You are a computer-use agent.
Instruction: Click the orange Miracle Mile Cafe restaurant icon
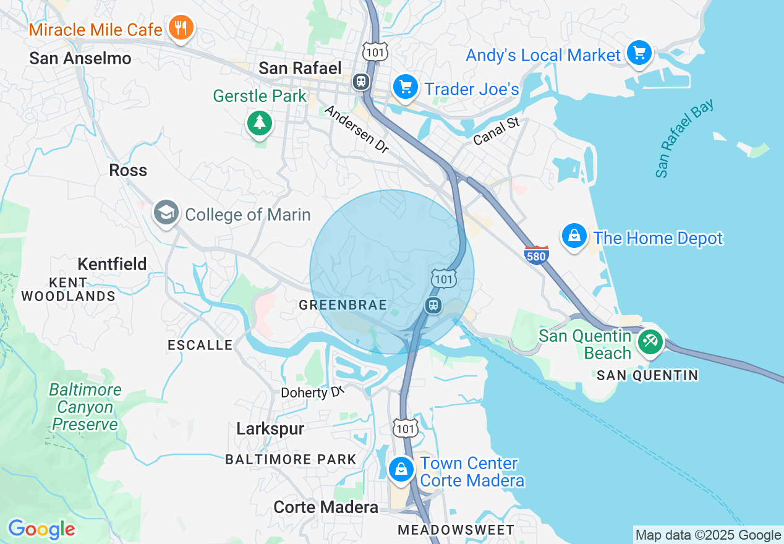point(181,28)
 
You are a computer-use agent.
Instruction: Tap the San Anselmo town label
point(80,59)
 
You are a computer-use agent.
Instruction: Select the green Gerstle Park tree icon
point(260,123)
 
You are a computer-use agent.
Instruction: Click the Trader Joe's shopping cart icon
point(406,87)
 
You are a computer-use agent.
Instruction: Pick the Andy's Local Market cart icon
point(639,53)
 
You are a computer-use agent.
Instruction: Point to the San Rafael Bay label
point(684,138)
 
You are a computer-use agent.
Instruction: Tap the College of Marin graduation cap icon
point(166,213)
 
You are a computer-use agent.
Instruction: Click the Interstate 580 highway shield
point(536,255)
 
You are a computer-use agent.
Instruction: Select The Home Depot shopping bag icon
point(574,237)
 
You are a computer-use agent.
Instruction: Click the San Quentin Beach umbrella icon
point(650,341)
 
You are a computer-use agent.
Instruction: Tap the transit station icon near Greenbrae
point(433,305)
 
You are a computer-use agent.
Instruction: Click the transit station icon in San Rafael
point(360,81)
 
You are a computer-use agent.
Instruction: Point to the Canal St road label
point(496,132)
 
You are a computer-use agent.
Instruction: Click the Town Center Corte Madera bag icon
point(401,469)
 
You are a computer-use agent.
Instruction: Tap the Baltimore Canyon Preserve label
point(85,407)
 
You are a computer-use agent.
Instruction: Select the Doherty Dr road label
point(311,393)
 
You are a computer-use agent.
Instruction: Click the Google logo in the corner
point(41,529)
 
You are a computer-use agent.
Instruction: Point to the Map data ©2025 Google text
point(708,535)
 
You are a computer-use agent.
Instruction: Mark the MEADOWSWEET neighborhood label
point(456,530)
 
